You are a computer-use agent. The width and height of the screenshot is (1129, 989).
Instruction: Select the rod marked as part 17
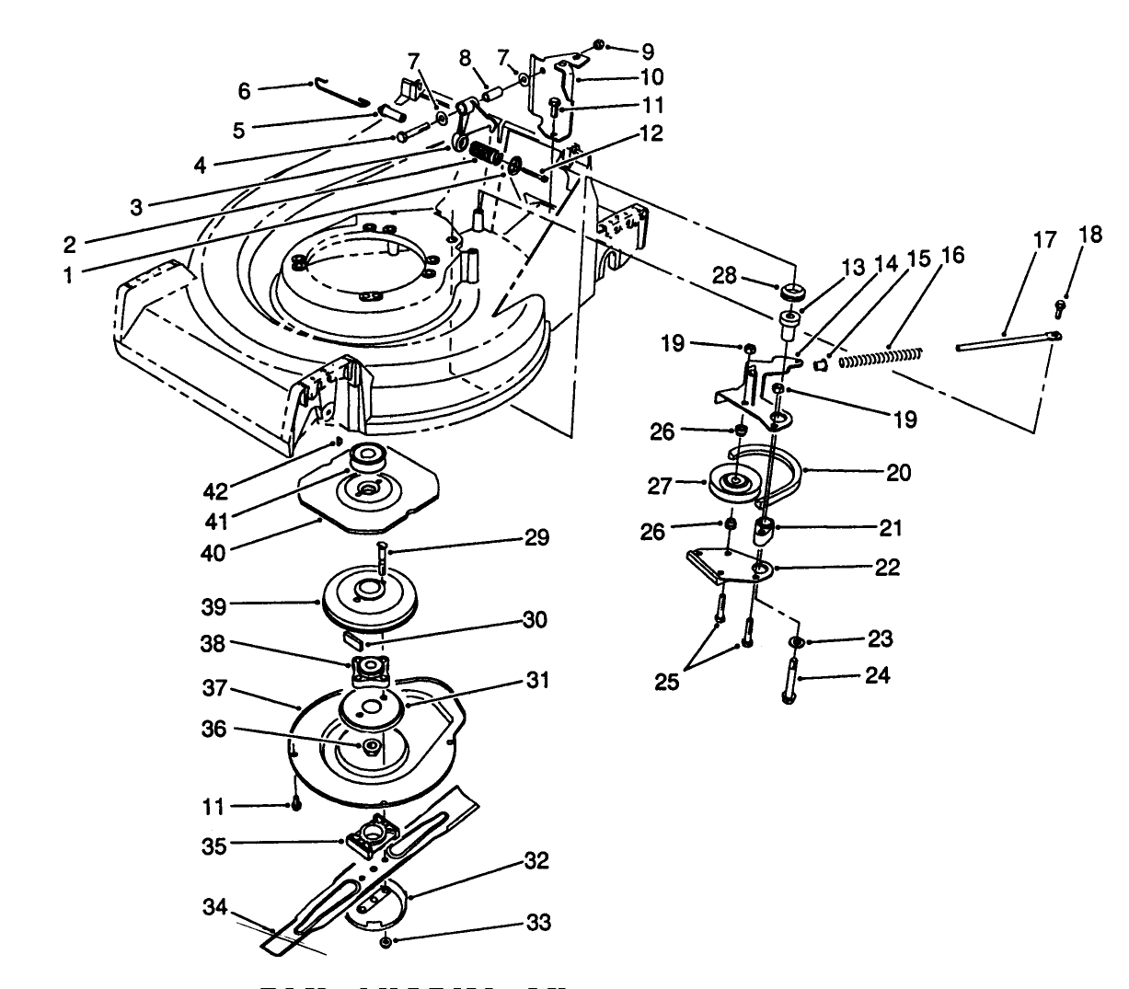click(1003, 341)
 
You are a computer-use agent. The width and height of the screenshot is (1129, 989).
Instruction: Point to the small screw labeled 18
click(1060, 305)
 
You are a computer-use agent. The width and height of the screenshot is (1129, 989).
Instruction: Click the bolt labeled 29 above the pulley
click(382, 559)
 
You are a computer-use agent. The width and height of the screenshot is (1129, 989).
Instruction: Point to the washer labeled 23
click(796, 640)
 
